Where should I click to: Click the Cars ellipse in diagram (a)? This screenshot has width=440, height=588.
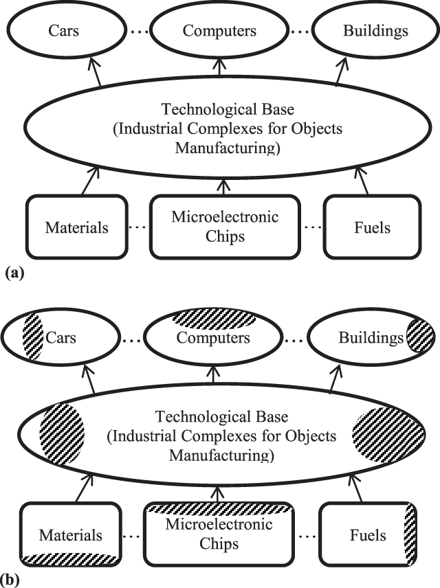(x=62, y=32)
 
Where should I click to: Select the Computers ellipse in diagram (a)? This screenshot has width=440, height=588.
(x=219, y=32)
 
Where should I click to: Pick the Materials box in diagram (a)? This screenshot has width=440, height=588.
(x=76, y=227)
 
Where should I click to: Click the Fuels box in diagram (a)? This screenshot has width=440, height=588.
(x=371, y=227)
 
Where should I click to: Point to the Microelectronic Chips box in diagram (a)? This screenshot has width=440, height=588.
(x=224, y=227)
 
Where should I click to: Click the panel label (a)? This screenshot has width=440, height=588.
(x=14, y=273)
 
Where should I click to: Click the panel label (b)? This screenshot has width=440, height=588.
(x=14, y=580)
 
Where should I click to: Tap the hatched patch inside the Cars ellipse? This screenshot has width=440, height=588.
(x=33, y=338)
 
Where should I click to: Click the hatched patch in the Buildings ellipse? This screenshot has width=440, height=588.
(x=419, y=337)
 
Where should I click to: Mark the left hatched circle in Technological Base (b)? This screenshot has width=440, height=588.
(x=62, y=435)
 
